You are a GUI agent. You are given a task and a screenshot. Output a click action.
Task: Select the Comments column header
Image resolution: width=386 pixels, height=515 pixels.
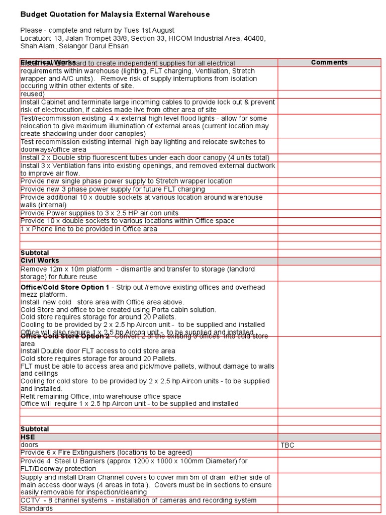click(329, 62)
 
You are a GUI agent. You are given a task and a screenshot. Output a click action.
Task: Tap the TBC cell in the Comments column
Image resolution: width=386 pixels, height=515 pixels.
click(287, 445)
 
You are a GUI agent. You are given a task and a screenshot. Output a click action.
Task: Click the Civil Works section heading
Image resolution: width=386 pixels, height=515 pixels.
click(40, 261)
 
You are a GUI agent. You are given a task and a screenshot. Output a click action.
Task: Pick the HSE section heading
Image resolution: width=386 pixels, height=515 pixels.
click(28, 437)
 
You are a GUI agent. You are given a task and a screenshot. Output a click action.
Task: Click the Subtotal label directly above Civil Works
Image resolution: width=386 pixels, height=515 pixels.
click(35, 252)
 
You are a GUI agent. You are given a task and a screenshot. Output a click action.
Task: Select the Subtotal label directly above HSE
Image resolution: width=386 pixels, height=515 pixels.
click(35, 429)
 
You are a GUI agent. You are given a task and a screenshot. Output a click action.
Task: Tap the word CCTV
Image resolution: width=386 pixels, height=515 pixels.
click(29, 500)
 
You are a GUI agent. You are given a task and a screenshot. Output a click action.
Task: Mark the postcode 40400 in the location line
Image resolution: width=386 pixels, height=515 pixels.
click(254, 38)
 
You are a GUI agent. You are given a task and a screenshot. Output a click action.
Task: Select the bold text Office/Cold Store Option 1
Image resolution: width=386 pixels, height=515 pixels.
click(65, 287)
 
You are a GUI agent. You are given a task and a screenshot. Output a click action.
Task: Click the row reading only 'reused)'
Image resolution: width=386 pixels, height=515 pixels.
click(33, 94)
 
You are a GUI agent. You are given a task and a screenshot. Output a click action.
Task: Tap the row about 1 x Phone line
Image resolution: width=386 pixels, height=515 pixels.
click(88, 229)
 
